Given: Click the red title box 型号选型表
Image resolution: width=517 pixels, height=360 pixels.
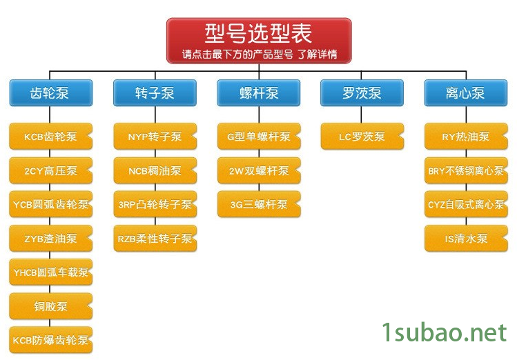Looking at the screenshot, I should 259,41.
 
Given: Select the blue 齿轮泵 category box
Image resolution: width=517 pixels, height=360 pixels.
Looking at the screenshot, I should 50,93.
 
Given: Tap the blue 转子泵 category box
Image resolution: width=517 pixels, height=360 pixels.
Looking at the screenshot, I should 155,93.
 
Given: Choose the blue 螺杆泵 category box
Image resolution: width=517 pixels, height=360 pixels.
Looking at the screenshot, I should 259,93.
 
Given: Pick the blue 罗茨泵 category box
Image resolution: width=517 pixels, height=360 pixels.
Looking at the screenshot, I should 362,93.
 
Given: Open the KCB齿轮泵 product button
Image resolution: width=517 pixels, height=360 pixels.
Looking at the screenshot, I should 50,137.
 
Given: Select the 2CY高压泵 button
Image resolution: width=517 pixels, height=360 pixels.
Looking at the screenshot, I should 50,170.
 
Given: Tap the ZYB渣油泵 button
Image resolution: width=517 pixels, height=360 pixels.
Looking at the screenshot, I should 50,239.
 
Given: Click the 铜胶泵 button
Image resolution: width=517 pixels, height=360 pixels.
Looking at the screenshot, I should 50,306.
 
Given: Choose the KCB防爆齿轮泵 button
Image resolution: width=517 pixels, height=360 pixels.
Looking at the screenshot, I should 50,340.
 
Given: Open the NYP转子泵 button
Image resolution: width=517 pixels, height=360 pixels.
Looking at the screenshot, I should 155,137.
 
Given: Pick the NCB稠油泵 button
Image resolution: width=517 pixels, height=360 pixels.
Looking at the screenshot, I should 155,170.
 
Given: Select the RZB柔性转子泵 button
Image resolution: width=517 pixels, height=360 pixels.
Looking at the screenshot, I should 155,239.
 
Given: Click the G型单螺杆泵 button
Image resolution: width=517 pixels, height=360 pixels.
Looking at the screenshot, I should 259,137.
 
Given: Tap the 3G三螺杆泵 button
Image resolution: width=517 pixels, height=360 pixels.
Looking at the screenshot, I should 259,204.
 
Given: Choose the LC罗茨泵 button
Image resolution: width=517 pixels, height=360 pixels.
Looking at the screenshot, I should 362,137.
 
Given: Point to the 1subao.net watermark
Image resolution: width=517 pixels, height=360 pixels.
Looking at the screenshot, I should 445,333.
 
